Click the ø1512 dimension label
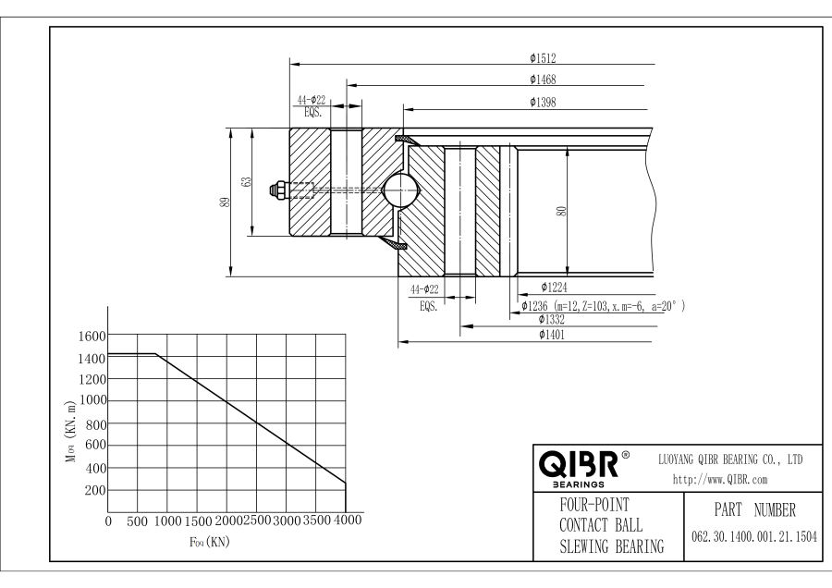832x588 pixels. tap(543, 56)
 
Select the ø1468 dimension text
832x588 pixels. tap(543, 79)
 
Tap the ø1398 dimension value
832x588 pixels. tap(543, 101)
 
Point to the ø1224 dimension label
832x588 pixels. tap(554, 288)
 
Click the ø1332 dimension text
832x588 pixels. tap(553, 319)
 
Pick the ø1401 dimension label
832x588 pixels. tap(553, 335)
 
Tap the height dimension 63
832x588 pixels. tap(246, 182)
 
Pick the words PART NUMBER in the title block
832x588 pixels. tap(753, 510)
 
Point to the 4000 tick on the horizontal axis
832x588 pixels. tap(346, 521)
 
